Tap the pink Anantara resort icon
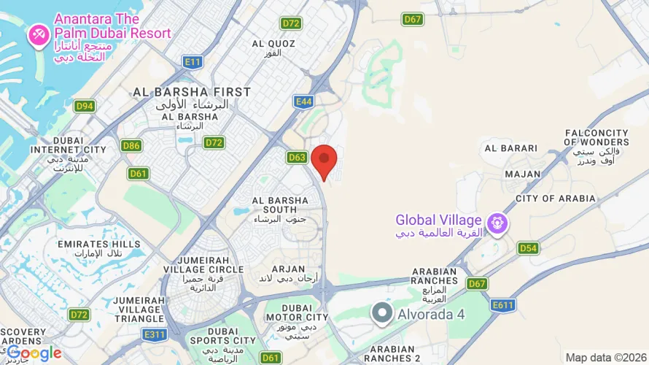coord(38,34)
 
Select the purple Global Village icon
coord(497,220)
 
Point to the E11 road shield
coord(193,62)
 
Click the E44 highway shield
coord(304,102)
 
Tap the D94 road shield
coord(85,106)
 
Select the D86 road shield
coord(131,146)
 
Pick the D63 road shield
coord(297,157)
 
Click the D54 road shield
coord(528,248)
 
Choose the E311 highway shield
coord(155,334)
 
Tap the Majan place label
coord(523,174)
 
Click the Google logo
coord(34,353)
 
